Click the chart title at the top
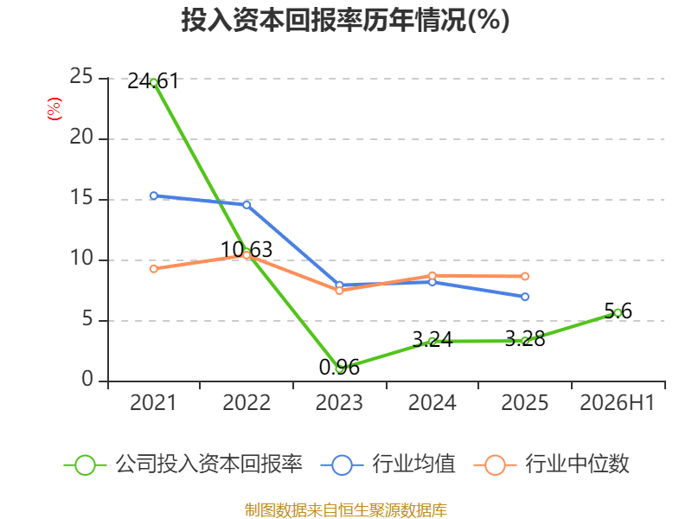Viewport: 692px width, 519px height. point(345,20)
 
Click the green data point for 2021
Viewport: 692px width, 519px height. point(154,82)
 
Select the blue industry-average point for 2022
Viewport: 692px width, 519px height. point(247,205)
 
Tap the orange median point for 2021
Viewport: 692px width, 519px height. point(154,269)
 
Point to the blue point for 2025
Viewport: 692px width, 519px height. point(525,297)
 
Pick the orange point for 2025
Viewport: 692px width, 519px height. point(525,276)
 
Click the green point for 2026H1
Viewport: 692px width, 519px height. point(618,313)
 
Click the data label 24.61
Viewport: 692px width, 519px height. point(153,81)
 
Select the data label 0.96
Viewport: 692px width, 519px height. point(339,367)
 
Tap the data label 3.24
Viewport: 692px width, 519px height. point(432,339)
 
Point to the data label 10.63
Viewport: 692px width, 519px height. point(247,249)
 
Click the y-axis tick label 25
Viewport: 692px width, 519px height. point(81,77)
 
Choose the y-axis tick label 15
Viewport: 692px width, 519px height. point(81,198)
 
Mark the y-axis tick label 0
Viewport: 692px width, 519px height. point(87,379)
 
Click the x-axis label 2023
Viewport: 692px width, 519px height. point(339,402)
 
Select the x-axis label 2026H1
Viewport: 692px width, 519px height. point(618,402)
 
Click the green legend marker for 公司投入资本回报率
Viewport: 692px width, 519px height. point(85,465)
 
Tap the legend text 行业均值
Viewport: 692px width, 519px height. point(413,465)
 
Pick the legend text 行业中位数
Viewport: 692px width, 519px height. point(577,465)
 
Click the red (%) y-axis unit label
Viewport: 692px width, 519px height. point(54,109)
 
